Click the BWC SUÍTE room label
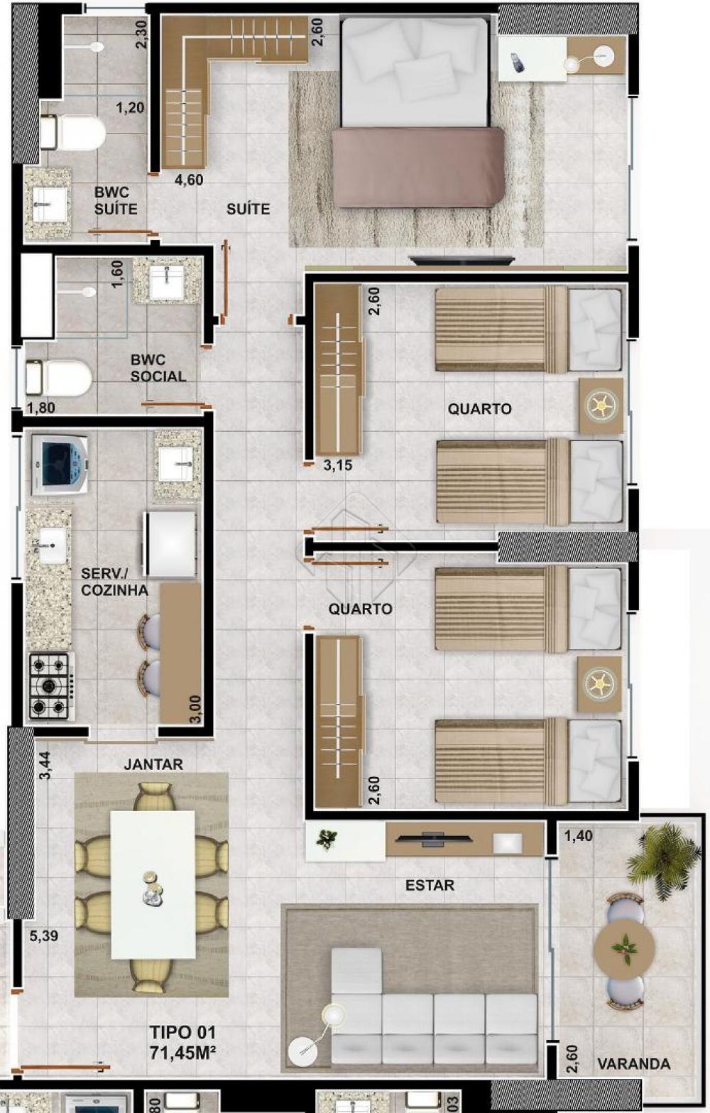coord(116,200)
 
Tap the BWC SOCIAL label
coord(158,368)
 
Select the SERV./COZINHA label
coord(114,582)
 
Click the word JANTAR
coord(153,764)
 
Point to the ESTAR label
coord(430,885)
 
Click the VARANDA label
coord(633,1063)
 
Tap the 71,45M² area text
coord(183,1052)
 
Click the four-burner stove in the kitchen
coord(51,685)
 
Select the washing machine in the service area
coord(60,465)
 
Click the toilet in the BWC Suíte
coord(73,133)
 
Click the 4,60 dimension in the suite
coord(189,180)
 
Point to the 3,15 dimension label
coord(338,465)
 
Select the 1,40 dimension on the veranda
coord(579,836)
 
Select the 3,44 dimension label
coord(45,766)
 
